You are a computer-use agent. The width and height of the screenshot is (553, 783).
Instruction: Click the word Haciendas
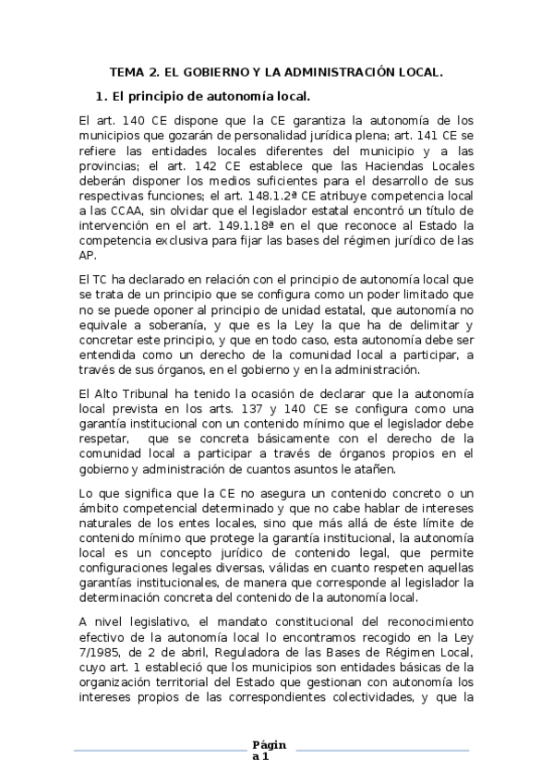point(388,165)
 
